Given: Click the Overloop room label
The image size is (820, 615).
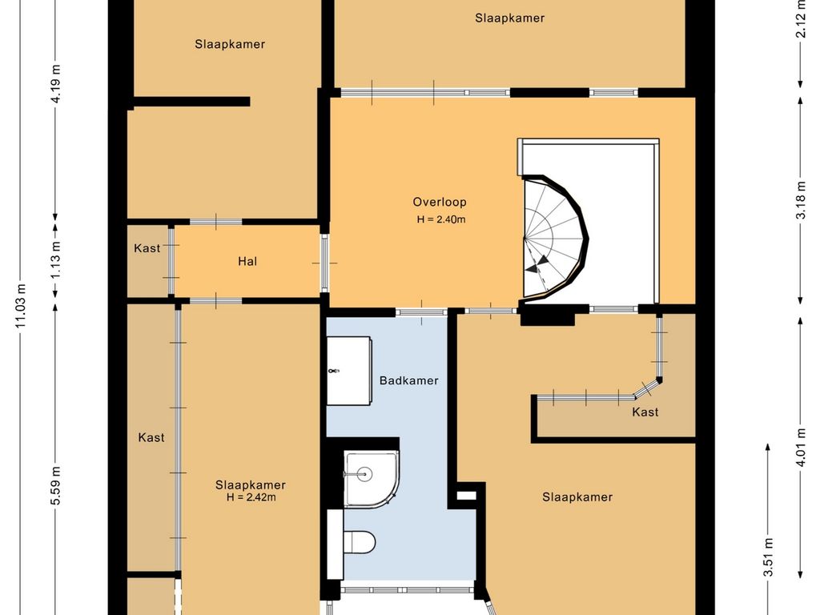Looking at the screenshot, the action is click(x=440, y=203).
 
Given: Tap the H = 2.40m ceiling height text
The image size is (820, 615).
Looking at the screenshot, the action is click(x=441, y=219).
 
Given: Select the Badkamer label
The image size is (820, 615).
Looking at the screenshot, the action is click(x=409, y=380).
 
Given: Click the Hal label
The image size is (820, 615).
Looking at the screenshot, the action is click(x=247, y=261).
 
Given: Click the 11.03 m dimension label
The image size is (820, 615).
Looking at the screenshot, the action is click(x=21, y=306).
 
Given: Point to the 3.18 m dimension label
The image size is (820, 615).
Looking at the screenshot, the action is click(x=801, y=200).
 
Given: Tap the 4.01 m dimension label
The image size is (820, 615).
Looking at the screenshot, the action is click(x=801, y=447).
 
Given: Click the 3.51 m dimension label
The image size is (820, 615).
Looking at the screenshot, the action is click(x=768, y=557).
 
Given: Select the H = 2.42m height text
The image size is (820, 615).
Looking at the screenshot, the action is click(x=251, y=497).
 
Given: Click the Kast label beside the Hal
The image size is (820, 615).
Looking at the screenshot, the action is click(x=147, y=248).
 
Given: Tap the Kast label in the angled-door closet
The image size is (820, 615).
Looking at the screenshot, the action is click(x=645, y=412).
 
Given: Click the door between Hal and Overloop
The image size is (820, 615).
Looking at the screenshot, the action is click(x=324, y=263).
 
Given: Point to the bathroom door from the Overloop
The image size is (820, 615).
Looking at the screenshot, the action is click(x=421, y=312).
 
